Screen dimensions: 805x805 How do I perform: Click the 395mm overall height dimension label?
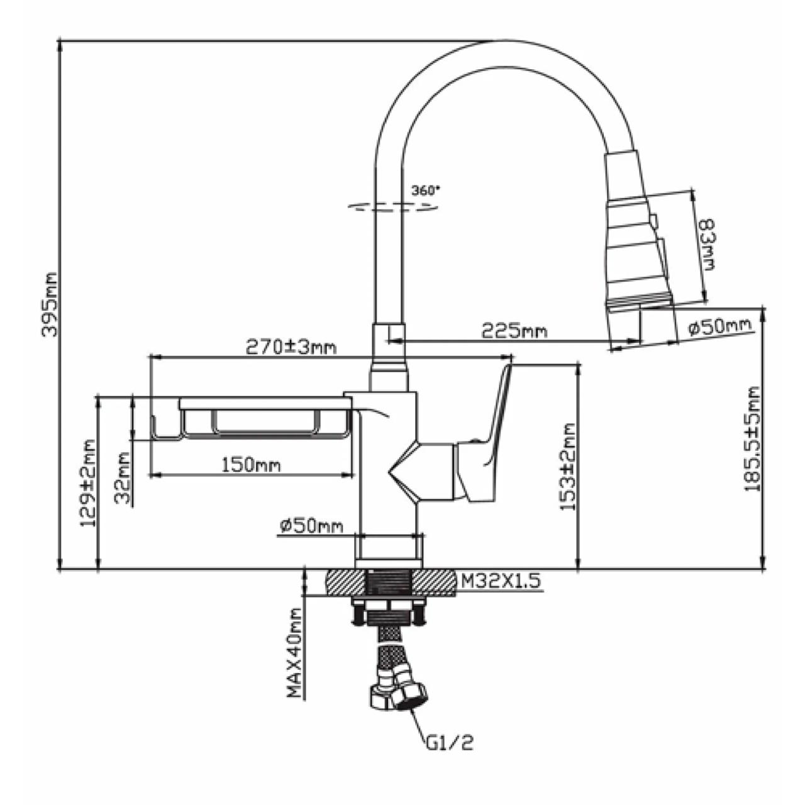pos(49,304)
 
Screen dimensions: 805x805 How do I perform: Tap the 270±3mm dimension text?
pos(291,347)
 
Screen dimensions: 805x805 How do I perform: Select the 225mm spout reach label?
pos(514,331)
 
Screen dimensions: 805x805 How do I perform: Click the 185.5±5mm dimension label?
pos(752,439)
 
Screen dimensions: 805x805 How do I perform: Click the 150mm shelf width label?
pos(251,465)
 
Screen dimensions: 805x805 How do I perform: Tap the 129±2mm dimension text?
pos(87,483)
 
